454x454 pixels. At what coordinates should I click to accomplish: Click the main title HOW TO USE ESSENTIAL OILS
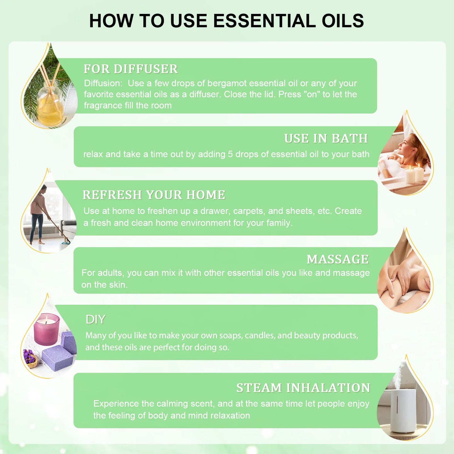click(227, 21)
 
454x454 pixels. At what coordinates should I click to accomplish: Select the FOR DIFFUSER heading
click(131, 69)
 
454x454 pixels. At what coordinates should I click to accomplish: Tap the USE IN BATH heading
click(326, 139)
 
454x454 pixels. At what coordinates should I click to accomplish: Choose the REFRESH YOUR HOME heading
click(154, 195)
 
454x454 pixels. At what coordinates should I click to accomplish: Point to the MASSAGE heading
click(337, 259)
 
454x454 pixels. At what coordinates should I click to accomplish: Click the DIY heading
click(96, 320)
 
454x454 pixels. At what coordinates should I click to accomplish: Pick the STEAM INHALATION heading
click(303, 388)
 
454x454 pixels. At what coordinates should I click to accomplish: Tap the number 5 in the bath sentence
click(230, 154)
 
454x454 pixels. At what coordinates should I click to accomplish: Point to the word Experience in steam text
click(116, 404)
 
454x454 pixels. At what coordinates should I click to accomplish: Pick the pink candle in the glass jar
click(46, 328)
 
